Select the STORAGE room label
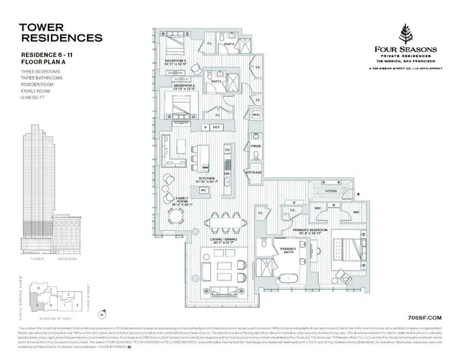[254, 172]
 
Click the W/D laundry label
[256, 114]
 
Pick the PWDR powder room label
[256, 146]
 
